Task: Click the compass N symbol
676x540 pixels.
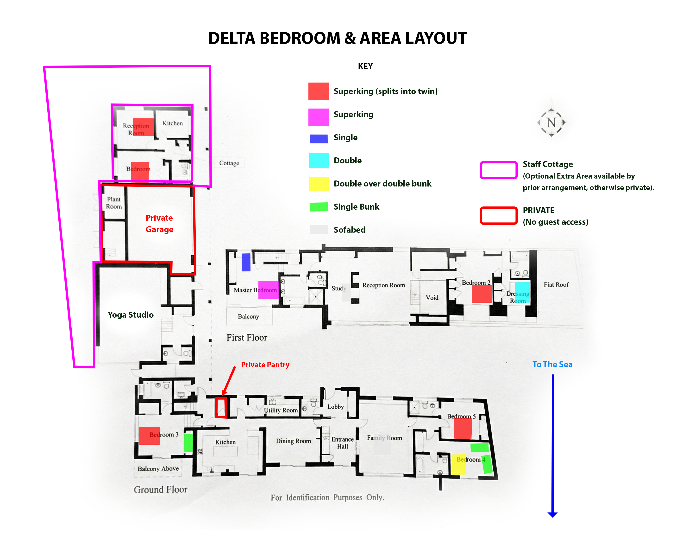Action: click(551, 122)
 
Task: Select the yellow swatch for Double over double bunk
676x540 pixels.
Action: click(318, 184)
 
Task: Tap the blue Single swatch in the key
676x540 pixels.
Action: click(318, 138)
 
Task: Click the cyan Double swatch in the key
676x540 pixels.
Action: click(318, 160)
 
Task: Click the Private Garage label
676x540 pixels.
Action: click(159, 223)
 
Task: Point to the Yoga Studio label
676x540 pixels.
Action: click(131, 315)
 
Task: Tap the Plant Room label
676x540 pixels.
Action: click(114, 203)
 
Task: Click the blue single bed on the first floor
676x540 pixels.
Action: click(246, 262)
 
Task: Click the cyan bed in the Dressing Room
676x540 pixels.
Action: click(522, 292)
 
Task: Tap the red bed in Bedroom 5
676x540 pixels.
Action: click(463, 428)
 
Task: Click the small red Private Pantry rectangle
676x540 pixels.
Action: click(221, 408)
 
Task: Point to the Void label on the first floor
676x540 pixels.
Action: click(432, 297)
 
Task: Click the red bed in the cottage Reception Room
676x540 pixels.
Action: click(143, 127)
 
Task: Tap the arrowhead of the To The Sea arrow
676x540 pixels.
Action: click(552, 514)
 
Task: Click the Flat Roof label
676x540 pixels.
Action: click(556, 285)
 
